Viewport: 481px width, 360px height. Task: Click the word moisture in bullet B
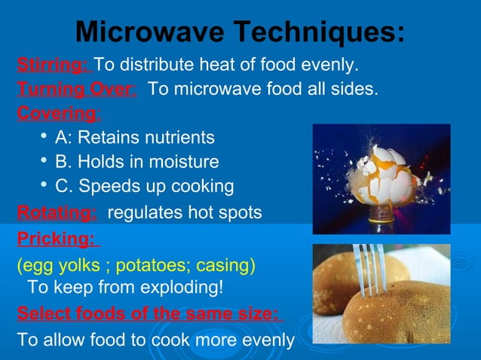pos(184,162)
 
